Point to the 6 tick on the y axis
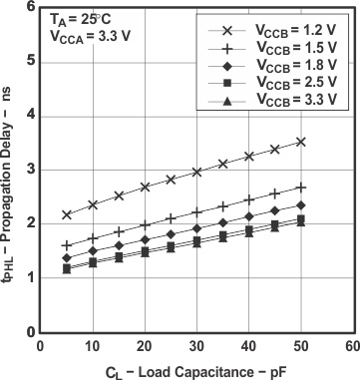click(x=29, y=8)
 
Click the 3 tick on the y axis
click(x=29, y=170)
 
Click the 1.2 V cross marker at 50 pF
click(x=300, y=142)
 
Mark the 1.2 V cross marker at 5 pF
click(x=67, y=214)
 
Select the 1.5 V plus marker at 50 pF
click(x=300, y=187)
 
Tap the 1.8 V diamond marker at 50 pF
click(x=300, y=205)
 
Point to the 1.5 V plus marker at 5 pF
click(x=67, y=245)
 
